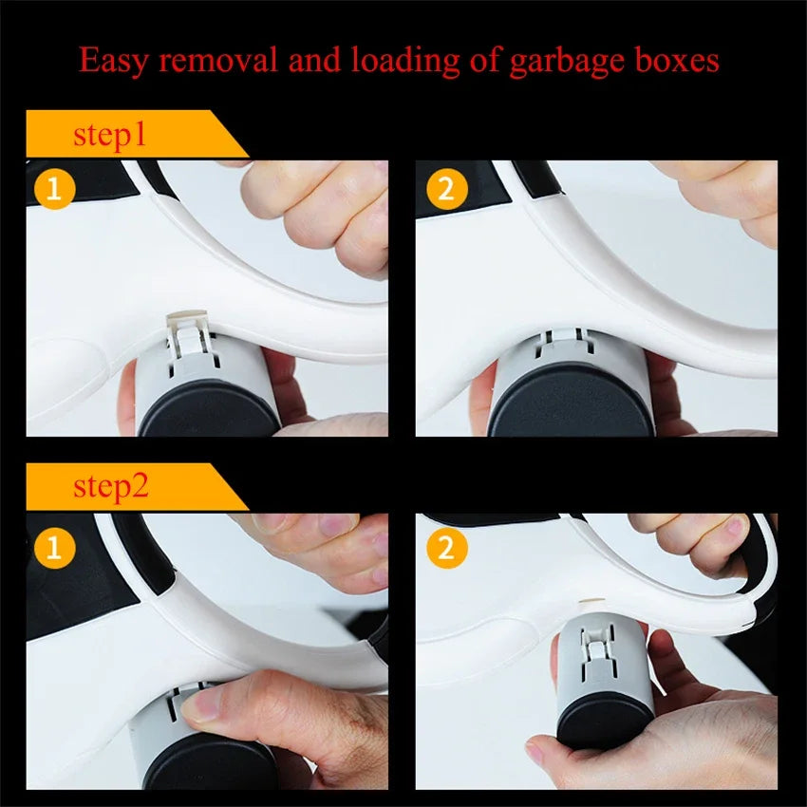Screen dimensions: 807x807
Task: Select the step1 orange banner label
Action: point(111,135)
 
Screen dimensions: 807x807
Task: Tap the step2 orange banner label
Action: point(111,488)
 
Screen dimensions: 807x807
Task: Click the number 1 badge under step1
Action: point(54,189)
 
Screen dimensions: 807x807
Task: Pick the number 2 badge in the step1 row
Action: point(445,189)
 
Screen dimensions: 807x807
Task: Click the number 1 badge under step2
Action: point(54,548)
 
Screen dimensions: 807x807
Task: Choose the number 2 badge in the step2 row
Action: point(445,548)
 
